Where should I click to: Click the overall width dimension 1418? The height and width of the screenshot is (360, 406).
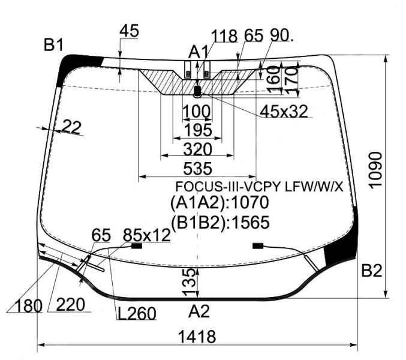click(x=197, y=337)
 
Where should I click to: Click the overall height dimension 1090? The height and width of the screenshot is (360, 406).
click(x=375, y=170)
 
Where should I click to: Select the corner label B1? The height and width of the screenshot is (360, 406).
click(x=53, y=45)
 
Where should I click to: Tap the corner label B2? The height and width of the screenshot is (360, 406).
click(x=372, y=271)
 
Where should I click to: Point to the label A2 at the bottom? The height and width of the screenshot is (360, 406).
click(x=199, y=311)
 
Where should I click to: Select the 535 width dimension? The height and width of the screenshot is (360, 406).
click(x=197, y=169)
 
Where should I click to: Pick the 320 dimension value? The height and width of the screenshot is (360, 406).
click(x=198, y=149)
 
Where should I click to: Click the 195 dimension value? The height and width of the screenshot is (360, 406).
click(x=198, y=130)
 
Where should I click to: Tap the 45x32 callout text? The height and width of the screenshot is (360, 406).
click(x=284, y=112)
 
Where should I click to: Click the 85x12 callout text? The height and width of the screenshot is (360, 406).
click(x=147, y=235)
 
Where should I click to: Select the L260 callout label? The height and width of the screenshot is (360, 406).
click(x=137, y=313)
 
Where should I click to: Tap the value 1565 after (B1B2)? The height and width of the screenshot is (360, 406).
click(x=251, y=223)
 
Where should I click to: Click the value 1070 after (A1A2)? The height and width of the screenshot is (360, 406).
click(x=249, y=202)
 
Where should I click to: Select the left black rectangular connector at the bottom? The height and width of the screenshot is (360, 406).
click(x=137, y=246)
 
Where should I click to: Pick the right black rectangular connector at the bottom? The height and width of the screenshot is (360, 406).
click(x=258, y=246)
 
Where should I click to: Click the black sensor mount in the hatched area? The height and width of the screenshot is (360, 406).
click(x=197, y=91)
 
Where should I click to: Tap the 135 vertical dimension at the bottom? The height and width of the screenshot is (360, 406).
click(x=189, y=283)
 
